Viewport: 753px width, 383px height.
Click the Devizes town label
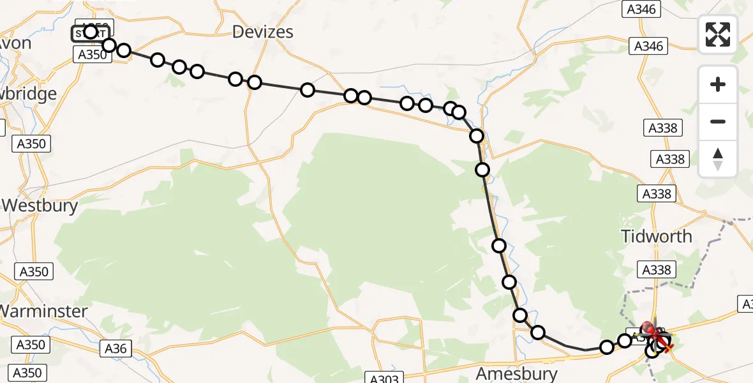pyautogui.click(x=263, y=31)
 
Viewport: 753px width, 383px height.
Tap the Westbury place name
pyautogui.click(x=40, y=206)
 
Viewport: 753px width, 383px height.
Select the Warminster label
pyautogui.click(x=43, y=311)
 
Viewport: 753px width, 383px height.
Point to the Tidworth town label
pyautogui.click(x=656, y=236)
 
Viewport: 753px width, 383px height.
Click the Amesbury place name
pyautogui.click(x=518, y=373)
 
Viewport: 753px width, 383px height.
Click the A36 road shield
pyautogui.click(x=115, y=348)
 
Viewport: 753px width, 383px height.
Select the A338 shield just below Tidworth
pyautogui.click(x=657, y=270)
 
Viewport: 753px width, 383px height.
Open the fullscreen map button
pyautogui.click(x=718, y=34)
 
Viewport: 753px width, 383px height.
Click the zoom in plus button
pyautogui.click(x=718, y=84)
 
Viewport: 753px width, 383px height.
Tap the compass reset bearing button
pyautogui.click(x=718, y=159)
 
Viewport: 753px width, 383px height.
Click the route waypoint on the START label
pyautogui.click(x=90, y=32)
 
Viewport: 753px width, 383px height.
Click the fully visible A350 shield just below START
pyautogui.click(x=93, y=55)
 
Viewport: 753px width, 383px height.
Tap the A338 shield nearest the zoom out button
pyautogui.click(x=662, y=128)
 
